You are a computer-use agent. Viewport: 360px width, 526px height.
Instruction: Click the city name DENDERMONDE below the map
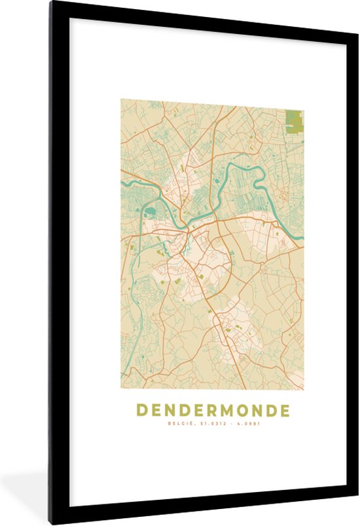pyautogui.click(x=213, y=411)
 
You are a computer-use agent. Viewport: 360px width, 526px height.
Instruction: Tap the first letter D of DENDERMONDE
pyautogui.click(x=141, y=411)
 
